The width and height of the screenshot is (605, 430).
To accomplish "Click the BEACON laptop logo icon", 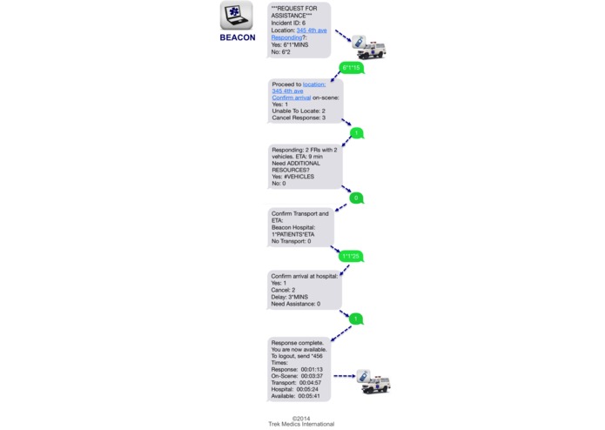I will [x=237, y=17].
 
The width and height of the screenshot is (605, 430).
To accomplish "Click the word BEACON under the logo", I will [x=237, y=37].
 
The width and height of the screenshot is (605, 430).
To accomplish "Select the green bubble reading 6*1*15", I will [x=351, y=68].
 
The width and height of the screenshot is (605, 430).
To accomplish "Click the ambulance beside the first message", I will [x=369, y=46].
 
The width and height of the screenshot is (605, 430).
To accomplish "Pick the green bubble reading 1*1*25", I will [x=351, y=256].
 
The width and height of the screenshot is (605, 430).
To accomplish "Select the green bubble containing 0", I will [x=355, y=198].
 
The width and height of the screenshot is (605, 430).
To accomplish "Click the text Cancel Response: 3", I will [x=299, y=117].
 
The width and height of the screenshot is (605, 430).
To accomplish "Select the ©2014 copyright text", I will [x=300, y=417].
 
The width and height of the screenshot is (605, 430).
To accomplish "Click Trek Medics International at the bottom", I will [x=300, y=424].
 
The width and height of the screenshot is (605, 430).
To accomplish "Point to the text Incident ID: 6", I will [x=291, y=24].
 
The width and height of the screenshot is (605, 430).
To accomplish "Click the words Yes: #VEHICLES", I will [x=292, y=177].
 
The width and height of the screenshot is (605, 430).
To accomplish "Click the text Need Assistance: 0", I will [x=295, y=304].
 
